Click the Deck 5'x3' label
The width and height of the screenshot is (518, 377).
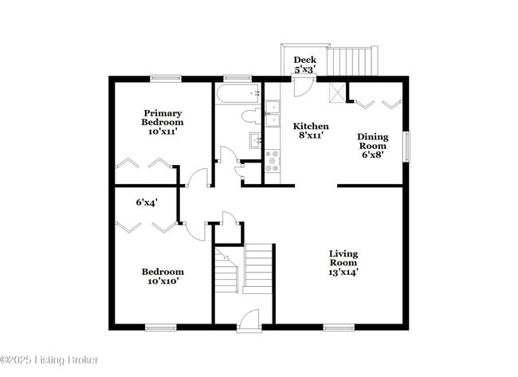(304, 65)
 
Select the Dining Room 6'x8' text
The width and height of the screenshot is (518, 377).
(371, 146)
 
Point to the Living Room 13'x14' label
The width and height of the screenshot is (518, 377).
(343, 262)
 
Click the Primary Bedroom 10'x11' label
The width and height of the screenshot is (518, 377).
(163, 122)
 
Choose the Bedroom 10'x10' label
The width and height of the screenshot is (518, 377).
(163, 276)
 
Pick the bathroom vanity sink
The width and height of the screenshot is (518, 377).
(256, 141)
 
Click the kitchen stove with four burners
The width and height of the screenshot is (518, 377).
(273, 162)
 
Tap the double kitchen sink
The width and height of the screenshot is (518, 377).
(273, 113)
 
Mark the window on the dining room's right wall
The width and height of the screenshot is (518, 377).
(406, 146)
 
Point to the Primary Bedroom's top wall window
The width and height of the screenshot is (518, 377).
(165, 77)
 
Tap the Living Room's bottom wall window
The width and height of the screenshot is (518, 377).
(339, 327)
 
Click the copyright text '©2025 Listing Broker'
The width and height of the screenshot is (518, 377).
(49, 360)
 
